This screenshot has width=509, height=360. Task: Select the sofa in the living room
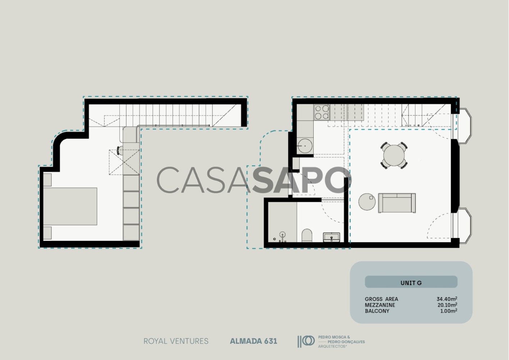[397, 203]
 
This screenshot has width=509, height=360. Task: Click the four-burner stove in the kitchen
[322, 112]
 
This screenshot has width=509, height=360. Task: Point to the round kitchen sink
[305, 146]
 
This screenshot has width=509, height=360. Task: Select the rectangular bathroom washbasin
[331, 237]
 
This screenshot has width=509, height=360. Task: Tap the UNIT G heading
[411, 283]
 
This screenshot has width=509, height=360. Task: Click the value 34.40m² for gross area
[446, 299]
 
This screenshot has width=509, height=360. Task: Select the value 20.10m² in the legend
[447, 305]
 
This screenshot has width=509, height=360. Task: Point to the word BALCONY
[377, 311]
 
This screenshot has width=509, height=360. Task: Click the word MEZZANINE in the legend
[380, 305]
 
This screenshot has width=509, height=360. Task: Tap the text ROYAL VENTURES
[176, 341]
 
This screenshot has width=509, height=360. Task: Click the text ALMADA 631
[254, 341]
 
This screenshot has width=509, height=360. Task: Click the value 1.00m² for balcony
[449, 311]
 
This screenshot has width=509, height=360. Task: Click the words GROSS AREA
[381, 299]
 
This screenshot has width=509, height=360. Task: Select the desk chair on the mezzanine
[120, 150]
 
